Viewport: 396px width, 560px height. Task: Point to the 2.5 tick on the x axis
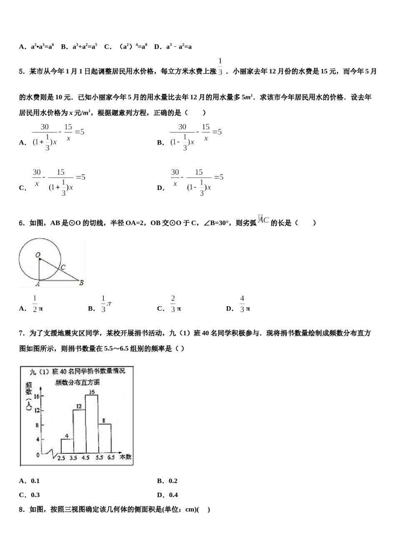(x=61, y=457)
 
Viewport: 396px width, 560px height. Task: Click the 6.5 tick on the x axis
(x=111, y=457)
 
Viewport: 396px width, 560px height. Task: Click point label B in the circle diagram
(x=82, y=283)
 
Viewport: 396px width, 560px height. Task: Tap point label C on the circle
(x=63, y=267)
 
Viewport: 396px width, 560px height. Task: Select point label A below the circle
(x=38, y=284)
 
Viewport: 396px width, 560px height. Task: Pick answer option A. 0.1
(x=30, y=481)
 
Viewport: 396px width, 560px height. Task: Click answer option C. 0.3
(x=30, y=495)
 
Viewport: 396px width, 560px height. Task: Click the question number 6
(x=21, y=223)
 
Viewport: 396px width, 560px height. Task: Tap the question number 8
(x=21, y=509)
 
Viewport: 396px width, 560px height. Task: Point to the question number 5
(x=21, y=72)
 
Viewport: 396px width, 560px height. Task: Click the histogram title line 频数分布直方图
(x=78, y=382)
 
